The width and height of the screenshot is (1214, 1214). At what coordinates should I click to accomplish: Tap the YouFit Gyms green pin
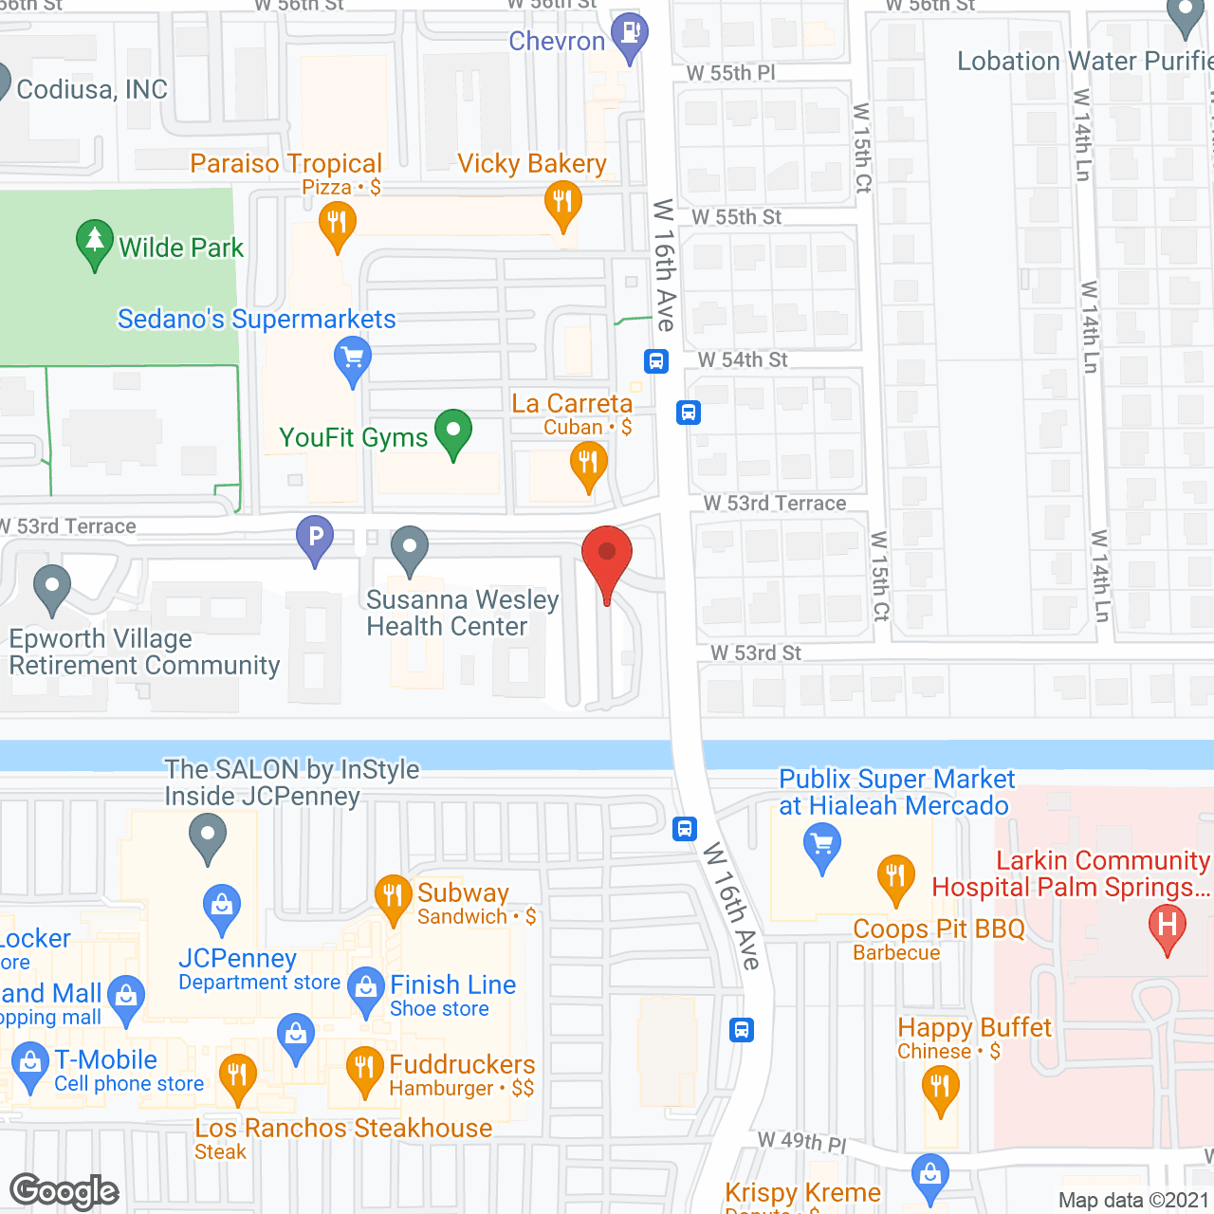pos(453,432)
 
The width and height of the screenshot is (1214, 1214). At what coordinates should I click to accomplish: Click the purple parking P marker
pos(315,537)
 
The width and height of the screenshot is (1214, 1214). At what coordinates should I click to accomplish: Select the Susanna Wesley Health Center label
pos(462,613)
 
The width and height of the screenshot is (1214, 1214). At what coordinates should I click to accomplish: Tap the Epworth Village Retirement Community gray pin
pos(52,587)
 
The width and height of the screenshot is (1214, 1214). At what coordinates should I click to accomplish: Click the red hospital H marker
pos(1167,926)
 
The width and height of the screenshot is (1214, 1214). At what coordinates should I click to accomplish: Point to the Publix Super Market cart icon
pos(821,843)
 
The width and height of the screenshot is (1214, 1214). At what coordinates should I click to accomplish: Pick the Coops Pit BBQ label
pos(938,929)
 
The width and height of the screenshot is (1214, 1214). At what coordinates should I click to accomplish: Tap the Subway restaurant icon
pos(393,895)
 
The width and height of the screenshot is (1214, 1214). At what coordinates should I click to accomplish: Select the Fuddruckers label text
pos(462,1064)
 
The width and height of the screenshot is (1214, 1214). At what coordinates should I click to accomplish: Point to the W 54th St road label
pos(743,360)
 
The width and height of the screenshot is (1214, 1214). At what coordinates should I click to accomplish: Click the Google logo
pos(64,1191)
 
